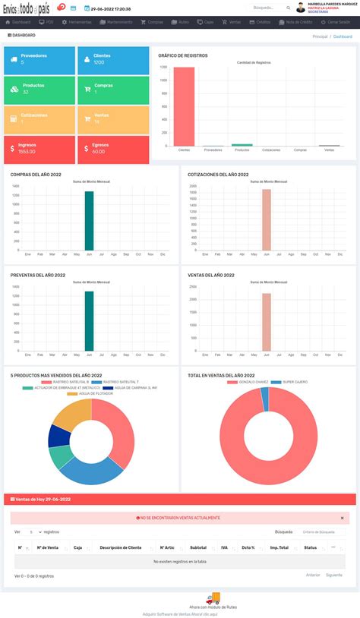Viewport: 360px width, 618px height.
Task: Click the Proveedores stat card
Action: point(39,59)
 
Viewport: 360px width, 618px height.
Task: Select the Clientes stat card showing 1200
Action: point(112,59)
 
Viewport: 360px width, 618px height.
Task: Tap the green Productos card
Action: point(39,89)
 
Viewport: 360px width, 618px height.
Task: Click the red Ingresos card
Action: point(39,149)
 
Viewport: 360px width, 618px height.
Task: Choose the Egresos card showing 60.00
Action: point(112,149)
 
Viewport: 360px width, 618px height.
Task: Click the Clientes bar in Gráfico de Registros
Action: point(184,106)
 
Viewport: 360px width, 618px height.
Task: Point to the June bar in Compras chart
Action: point(89,220)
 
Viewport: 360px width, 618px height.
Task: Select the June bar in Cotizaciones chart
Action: point(267,219)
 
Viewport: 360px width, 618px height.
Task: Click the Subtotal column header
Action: point(198,547)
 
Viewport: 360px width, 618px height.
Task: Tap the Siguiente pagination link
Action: point(334,575)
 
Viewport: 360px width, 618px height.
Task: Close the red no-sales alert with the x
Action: point(342,518)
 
